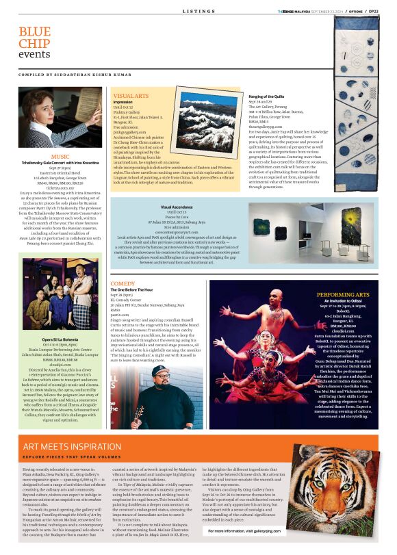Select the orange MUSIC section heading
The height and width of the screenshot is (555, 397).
pyautogui.click(x=60, y=156)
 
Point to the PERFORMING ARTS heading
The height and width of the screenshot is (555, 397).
pyautogui.click(x=343, y=295)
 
